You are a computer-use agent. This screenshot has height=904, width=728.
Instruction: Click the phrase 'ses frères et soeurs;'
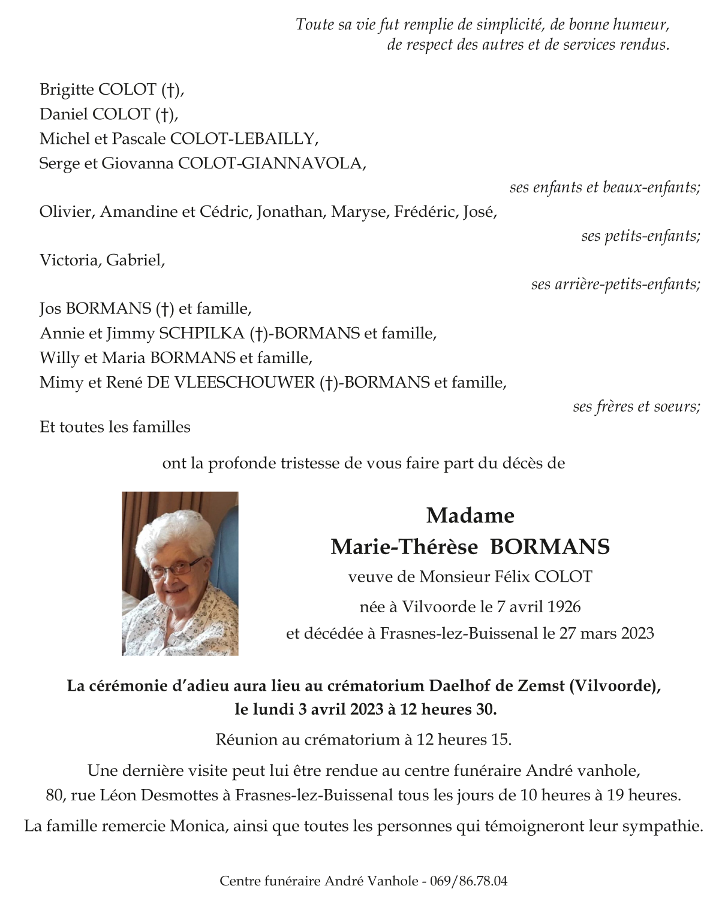(x=636, y=407)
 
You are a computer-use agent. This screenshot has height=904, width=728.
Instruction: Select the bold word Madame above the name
(x=470, y=515)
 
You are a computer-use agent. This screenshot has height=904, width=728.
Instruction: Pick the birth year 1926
(x=564, y=607)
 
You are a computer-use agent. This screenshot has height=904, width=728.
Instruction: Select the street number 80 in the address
(x=55, y=796)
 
